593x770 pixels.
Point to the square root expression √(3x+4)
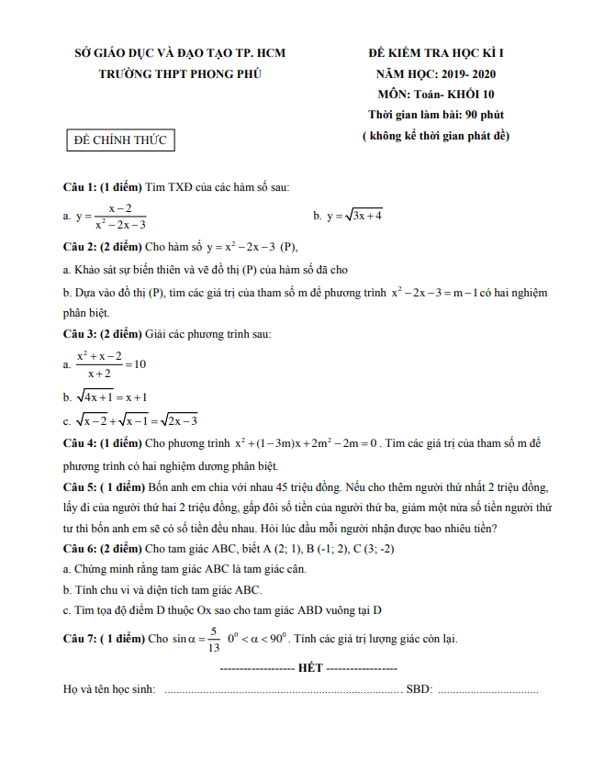[x=363, y=216]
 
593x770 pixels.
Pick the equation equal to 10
[x=110, y=364]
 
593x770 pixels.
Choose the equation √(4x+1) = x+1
[x=112, y=398]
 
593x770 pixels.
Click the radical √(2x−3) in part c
[x=179, y=421]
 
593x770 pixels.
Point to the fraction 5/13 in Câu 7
[x=213, y=639]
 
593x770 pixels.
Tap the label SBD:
[x=420, y=689]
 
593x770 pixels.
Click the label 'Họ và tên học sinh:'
[x=109, y=689]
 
